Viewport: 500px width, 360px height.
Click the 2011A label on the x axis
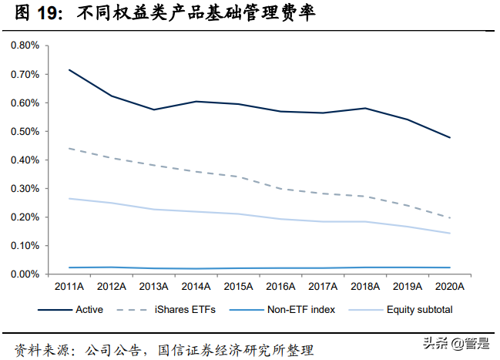point(69,286)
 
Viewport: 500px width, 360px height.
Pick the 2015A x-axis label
point(238,286)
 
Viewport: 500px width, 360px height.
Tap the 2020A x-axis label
point(449,286)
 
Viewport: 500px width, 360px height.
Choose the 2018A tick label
point(364,286)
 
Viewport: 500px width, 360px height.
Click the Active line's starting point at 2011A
point(69,70)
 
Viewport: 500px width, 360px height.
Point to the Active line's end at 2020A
point(449,137)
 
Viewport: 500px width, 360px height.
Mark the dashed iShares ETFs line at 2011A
point(69,148)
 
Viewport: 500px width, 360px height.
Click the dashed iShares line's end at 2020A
point(449,218)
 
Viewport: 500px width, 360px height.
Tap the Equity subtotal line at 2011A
point(69,198)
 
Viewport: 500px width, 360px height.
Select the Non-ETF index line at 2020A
point(449,267)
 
